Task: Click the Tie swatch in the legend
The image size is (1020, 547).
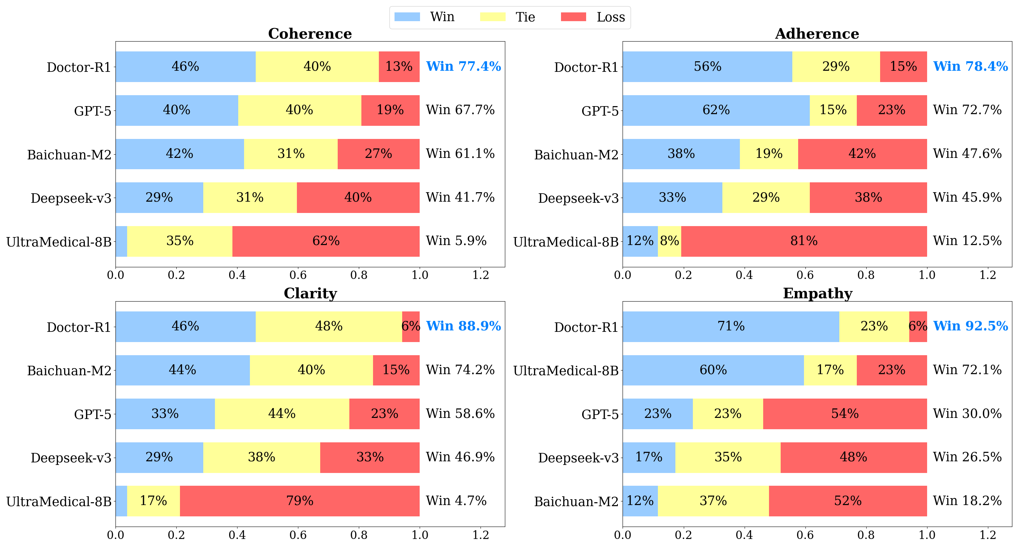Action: [493, 17]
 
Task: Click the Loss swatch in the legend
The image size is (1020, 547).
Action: [573, 17]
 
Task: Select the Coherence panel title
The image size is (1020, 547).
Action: [310, 34]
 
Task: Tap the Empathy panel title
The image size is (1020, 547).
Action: [817, 293]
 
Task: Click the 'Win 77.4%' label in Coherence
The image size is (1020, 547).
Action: [463, 66]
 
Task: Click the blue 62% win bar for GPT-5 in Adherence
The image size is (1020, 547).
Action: [716, 110]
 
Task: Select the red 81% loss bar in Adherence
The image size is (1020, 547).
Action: [804, 241]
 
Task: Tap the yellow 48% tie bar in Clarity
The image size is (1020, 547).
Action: [329, 326]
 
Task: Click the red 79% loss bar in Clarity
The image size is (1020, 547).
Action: [300, 501]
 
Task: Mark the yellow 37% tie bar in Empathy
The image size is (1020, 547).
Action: [713, 501]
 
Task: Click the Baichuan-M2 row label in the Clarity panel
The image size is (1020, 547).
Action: [69, 371]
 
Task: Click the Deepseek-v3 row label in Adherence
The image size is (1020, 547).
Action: [578, 198]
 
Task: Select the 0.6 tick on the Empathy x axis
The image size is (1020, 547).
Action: [805, 535]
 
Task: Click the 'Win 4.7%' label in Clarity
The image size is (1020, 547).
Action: [456, 501]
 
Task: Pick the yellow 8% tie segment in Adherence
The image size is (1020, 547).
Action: [669, 241]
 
